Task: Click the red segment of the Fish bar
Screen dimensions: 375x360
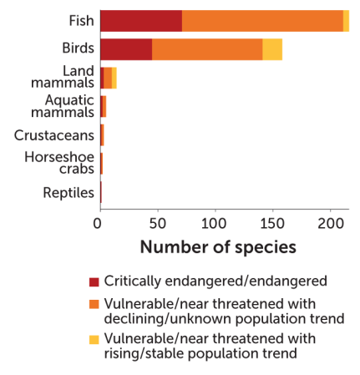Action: tap(140, 22)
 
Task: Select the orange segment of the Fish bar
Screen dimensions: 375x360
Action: tap(261, 22)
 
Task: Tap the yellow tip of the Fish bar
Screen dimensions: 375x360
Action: tap(346, 22)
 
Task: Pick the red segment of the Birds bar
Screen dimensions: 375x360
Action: tap(125, 49)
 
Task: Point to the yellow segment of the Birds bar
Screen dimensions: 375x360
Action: tap(272, 49)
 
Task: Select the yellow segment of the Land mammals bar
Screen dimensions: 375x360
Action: tap(114, 78)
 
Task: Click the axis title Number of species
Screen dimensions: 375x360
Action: tap(217, 248)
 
